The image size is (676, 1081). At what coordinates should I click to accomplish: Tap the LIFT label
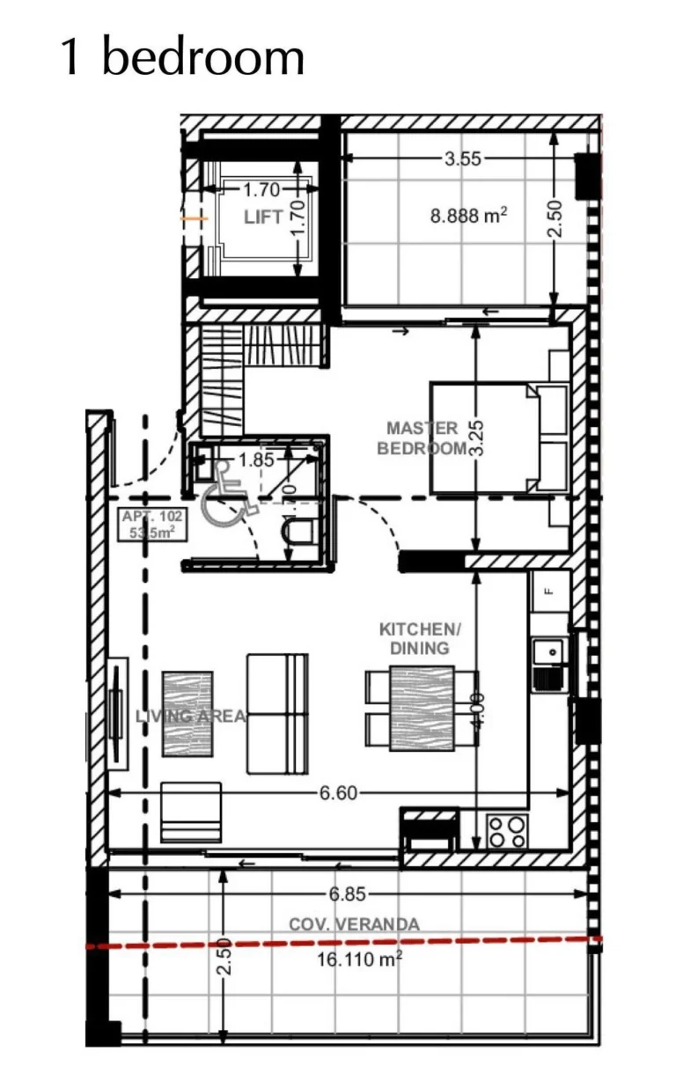pyautogui.click(x=263, y=217)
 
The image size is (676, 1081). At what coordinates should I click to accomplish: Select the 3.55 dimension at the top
pyautogui.click(x=462, y=159)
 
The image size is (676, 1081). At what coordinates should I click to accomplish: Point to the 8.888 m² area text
pyautogui.click(x=468, y=215)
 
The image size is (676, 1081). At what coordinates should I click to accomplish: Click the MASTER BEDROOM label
pyautogui.click(x=422, y=438)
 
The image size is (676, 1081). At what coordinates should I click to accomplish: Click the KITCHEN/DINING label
pyautogui.click(x=420, y=638)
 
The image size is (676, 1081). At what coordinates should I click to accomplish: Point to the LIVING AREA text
pyautogui.click(x=190, y=716)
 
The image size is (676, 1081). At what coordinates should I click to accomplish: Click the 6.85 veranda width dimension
pyautogui.click(x=347, y=894)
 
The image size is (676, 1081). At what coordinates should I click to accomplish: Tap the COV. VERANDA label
pyautogui.click(x=354, y=924)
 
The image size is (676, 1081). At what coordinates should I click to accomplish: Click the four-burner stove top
pyautogui.click(x=506, y=831)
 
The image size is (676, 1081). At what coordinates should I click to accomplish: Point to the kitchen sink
pyautogui.click(x=548, y=652)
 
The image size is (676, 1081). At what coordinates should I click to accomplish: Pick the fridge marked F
pyautogui.click(x=550, y=591)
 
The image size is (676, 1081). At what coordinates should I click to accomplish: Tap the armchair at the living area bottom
pyautogui.click(x=191, y=813)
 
